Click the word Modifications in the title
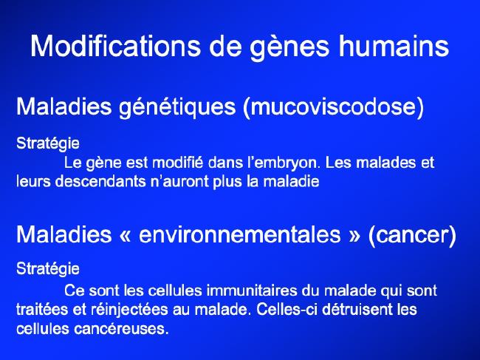click(115, 46)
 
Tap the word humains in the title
click(394, 46)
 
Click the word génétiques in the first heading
click(177, 106)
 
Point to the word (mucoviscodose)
click(333, 106)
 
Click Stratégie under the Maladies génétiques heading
click(48, 143)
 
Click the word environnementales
click(240, 234)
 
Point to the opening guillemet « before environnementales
click(126, 235)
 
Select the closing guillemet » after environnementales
click(354, 235)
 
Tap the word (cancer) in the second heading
click(412, 235)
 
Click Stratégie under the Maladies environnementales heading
click(48, 268)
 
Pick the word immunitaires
click(252, 290)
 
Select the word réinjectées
click(129, 310)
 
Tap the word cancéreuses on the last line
click(121, 329)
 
